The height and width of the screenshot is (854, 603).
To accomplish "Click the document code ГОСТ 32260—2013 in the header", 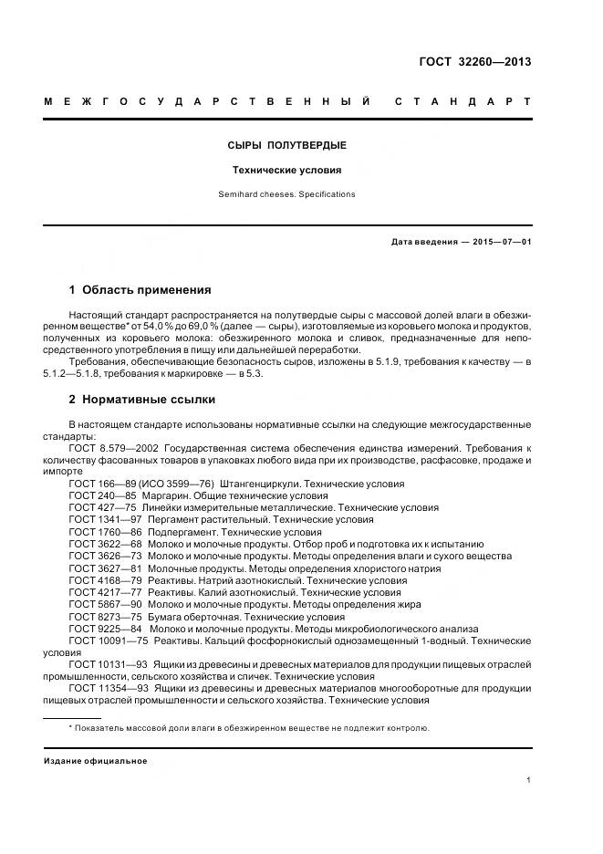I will point(474,63).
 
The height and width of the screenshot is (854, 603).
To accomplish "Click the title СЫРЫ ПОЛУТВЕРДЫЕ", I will point(286,146).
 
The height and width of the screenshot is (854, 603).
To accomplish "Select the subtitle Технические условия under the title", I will point(286,170).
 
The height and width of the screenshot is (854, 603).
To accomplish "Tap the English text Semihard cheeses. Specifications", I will point(286,194).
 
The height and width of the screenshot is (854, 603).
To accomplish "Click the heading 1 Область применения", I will point(140,290).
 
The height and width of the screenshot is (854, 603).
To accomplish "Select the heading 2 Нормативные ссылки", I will point(142,400).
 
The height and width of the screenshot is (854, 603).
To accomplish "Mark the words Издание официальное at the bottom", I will point(96,761).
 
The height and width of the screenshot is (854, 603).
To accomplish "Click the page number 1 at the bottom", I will point(529,780).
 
